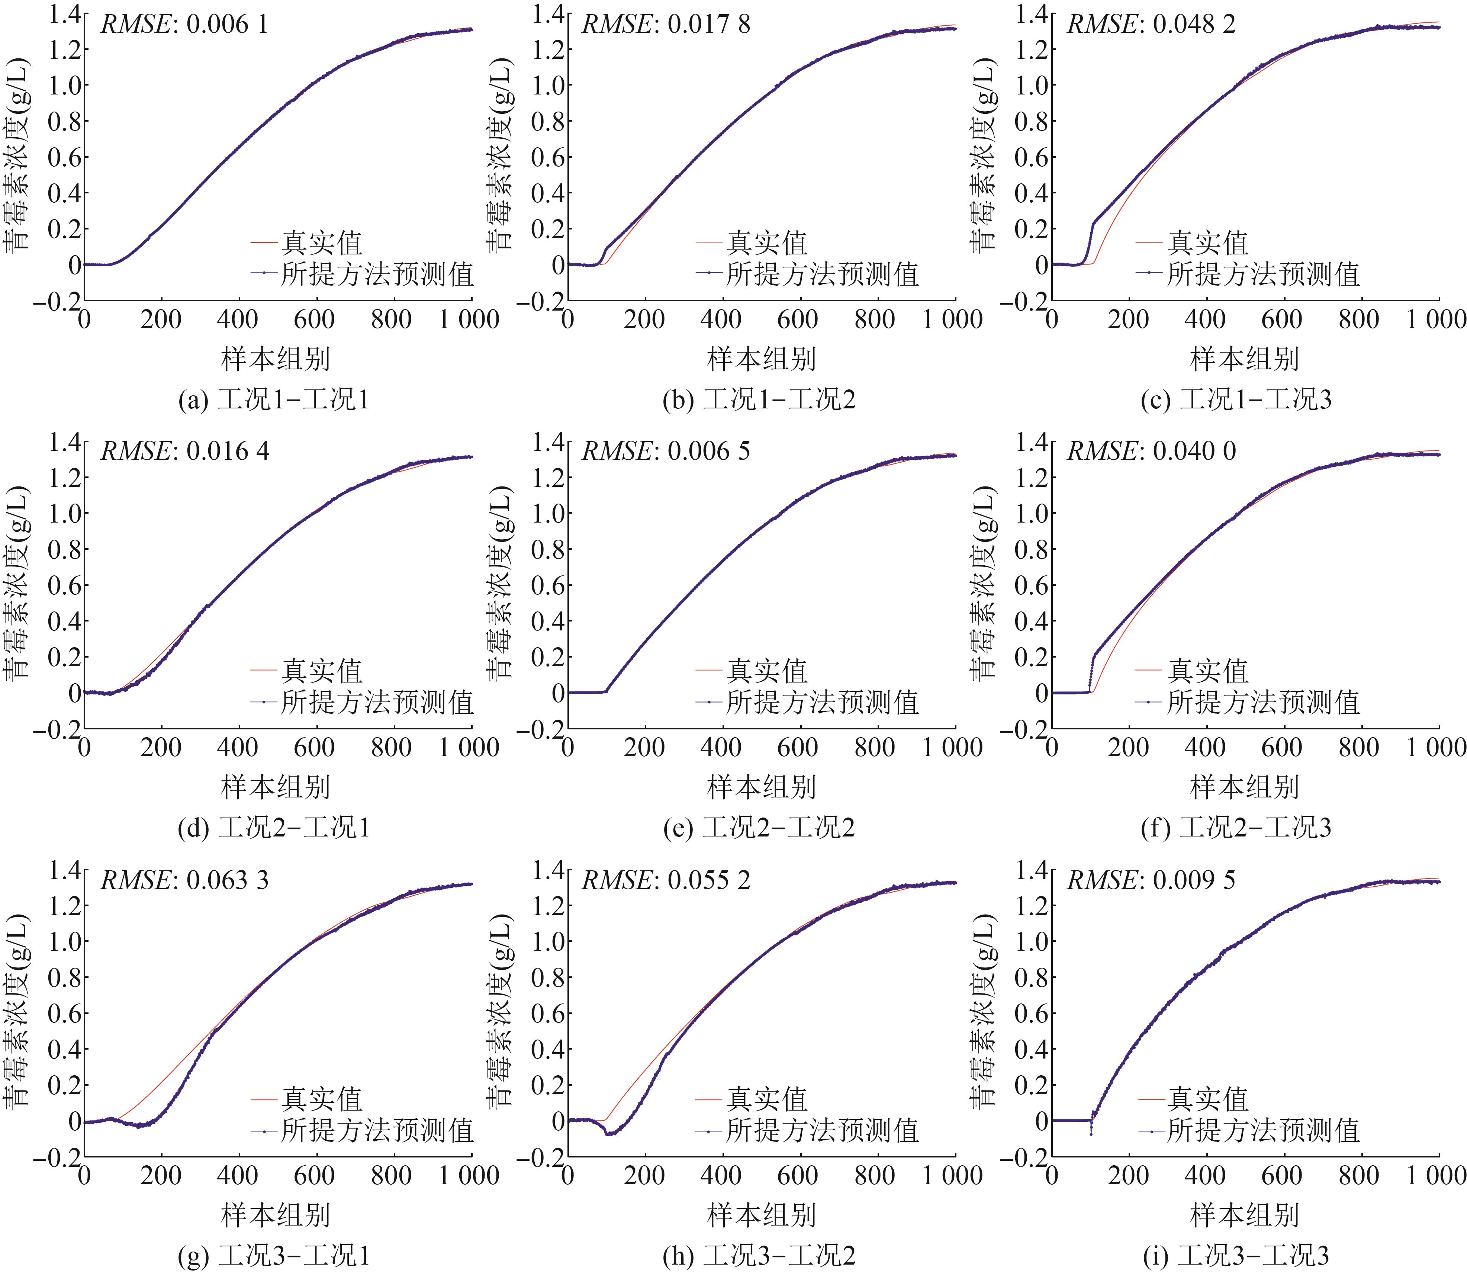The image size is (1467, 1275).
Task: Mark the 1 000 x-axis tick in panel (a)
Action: click(x=468, y=319)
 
